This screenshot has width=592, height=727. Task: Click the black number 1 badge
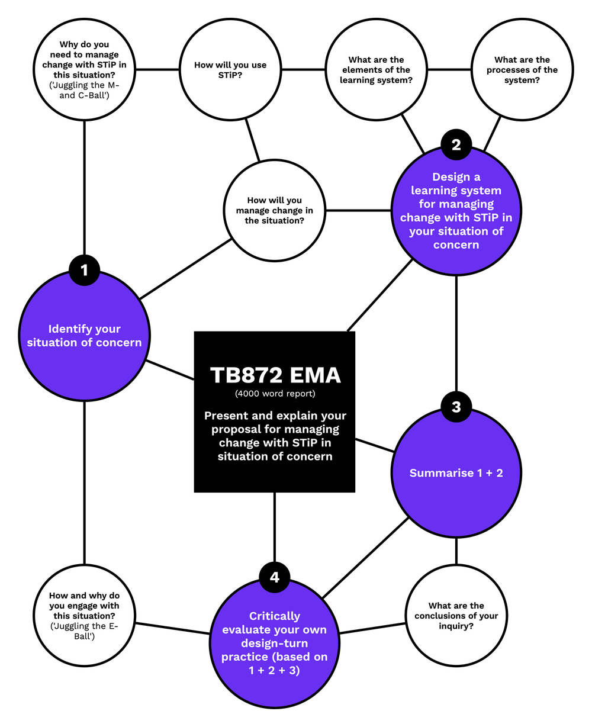click(84, 270)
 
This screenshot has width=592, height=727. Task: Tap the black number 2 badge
click(456, 145)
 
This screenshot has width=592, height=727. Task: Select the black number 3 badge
click(456, 407)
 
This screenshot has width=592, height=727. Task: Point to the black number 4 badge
click(274, 577)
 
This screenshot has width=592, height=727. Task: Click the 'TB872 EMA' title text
click(275, 375)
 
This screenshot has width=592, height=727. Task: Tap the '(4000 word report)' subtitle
click(275, 393)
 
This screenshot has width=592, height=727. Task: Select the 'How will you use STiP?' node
click(230, 70)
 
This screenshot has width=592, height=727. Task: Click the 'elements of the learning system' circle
click(377, 70)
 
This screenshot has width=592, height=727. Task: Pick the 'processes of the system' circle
click(522, 70)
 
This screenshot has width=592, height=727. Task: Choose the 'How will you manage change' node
click(274, 211)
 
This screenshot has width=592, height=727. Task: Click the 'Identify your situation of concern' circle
click(84, 336)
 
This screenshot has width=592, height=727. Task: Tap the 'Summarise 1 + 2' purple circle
click(456, 473)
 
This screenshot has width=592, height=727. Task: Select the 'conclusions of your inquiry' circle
click(456, 616)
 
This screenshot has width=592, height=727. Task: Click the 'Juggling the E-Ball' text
click(84, 631)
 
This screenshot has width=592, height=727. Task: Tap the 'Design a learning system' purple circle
click(456, 211)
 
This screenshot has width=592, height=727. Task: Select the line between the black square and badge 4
click(274, 527)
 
